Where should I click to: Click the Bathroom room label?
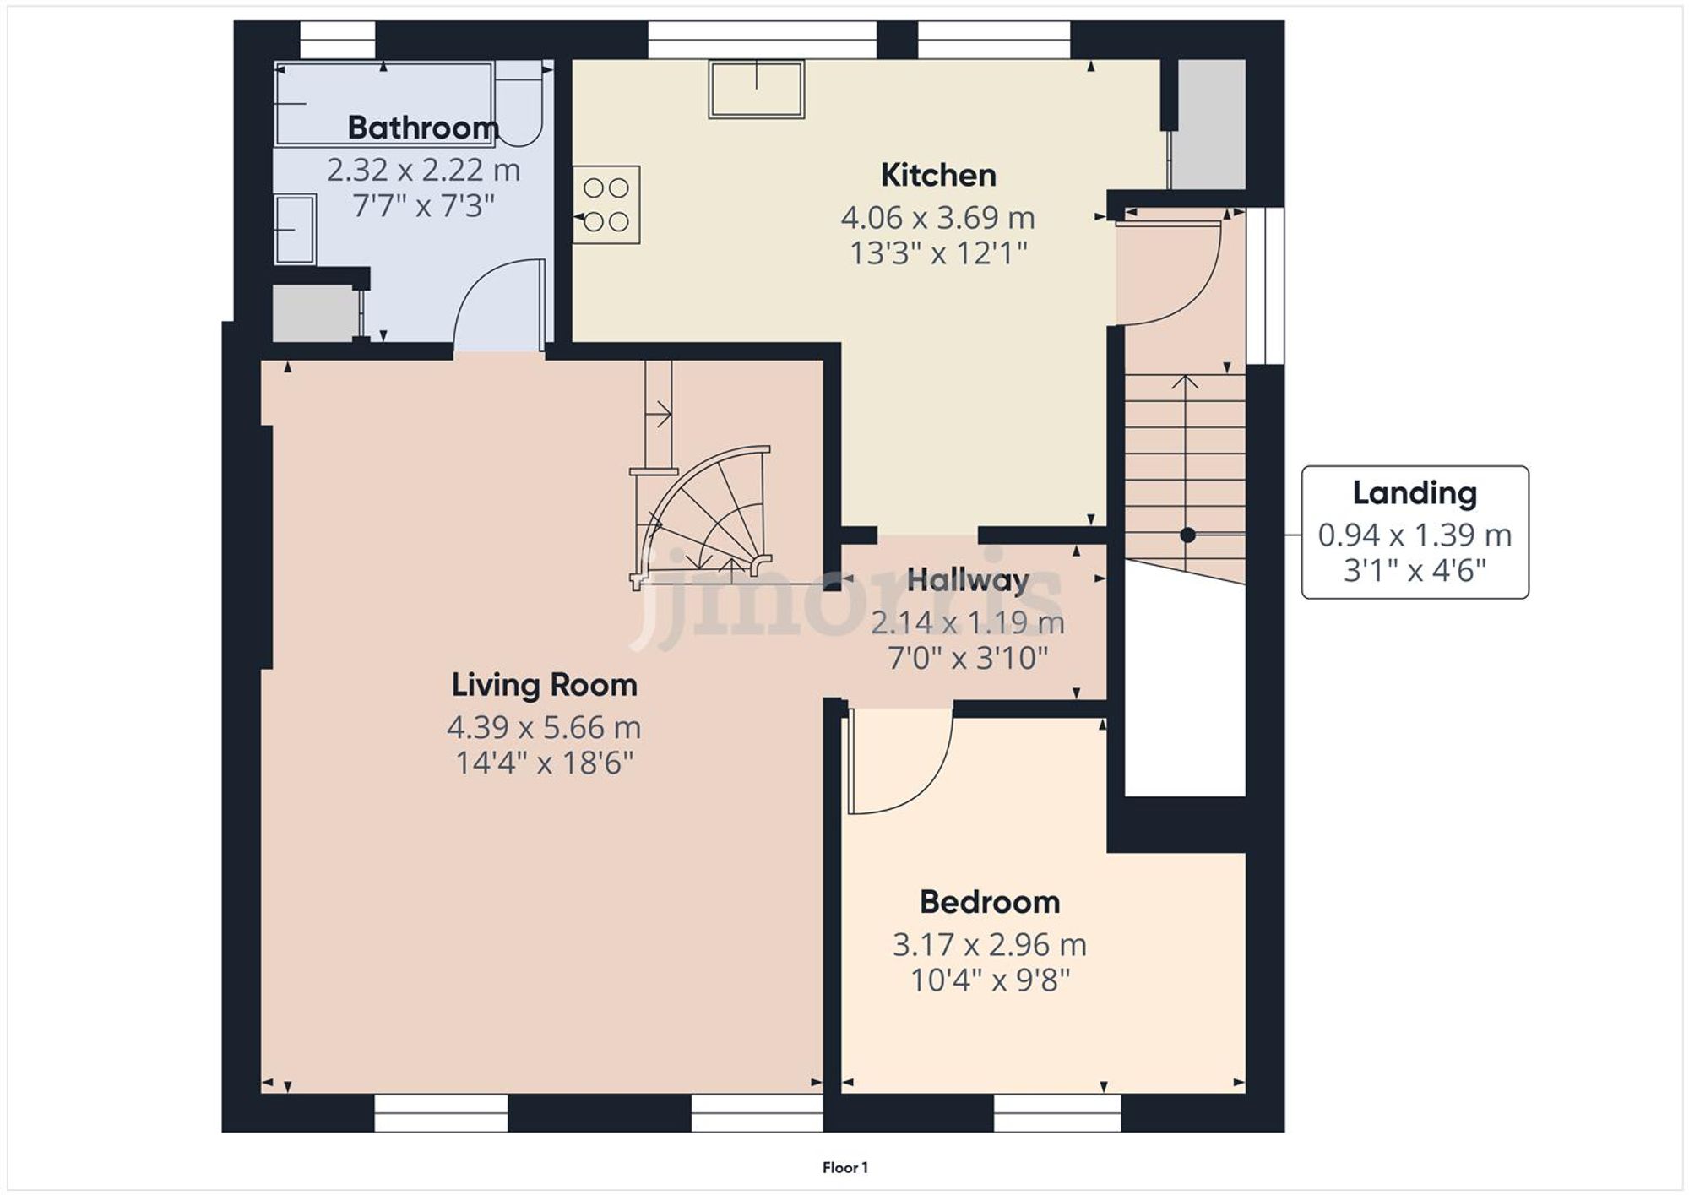point(423,128)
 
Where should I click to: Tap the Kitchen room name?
point(938,176)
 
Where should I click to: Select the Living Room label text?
point(544,685)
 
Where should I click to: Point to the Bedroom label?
point(990,903)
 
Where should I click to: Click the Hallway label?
point(968,580)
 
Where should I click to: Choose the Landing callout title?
point(1415,493)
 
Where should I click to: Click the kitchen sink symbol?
point(756,89)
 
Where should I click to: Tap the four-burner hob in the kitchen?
point(606,204)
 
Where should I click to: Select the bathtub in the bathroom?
point(384,103)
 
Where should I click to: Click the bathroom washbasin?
point(295,229)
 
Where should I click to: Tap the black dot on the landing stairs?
point(1187,535)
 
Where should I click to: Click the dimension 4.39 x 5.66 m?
point(544,727)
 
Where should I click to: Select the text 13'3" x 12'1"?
point(938,253)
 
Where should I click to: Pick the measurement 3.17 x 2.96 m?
point(990,945)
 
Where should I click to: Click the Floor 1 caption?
point(844,1168)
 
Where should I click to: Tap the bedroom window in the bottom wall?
point(1056,1113)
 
